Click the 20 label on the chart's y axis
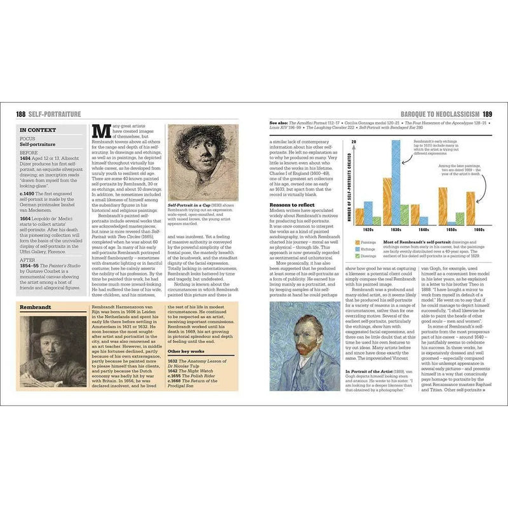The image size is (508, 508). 353,141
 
